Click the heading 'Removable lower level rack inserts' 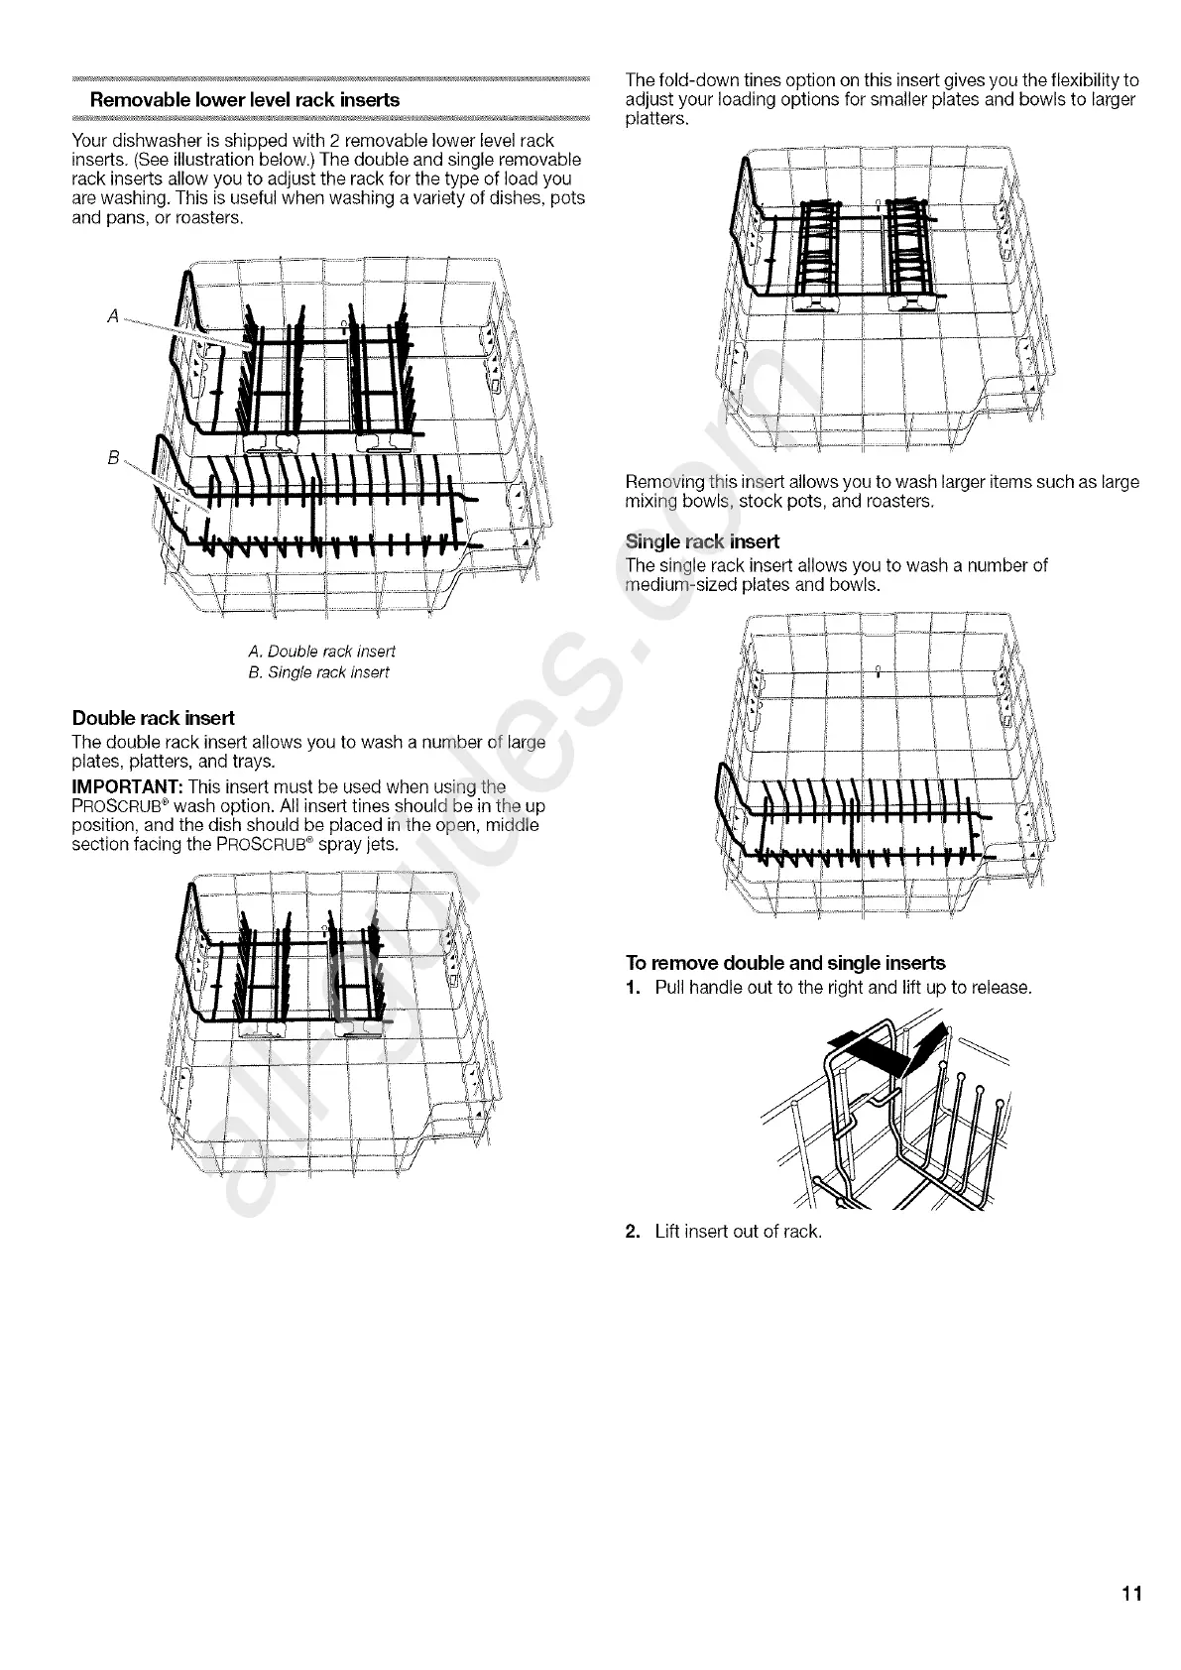[245, 100]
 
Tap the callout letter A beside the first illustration [113, 316]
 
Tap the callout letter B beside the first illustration [113, 458]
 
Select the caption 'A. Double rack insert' [321, 652]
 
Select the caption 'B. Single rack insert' [318, 673]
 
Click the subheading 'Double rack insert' [154, 718]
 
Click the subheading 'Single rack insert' [702, 541]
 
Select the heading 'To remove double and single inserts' [785, 963]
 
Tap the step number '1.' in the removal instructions [635, 988]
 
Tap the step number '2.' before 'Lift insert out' [635, 1232]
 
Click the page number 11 [1132, 1595]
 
